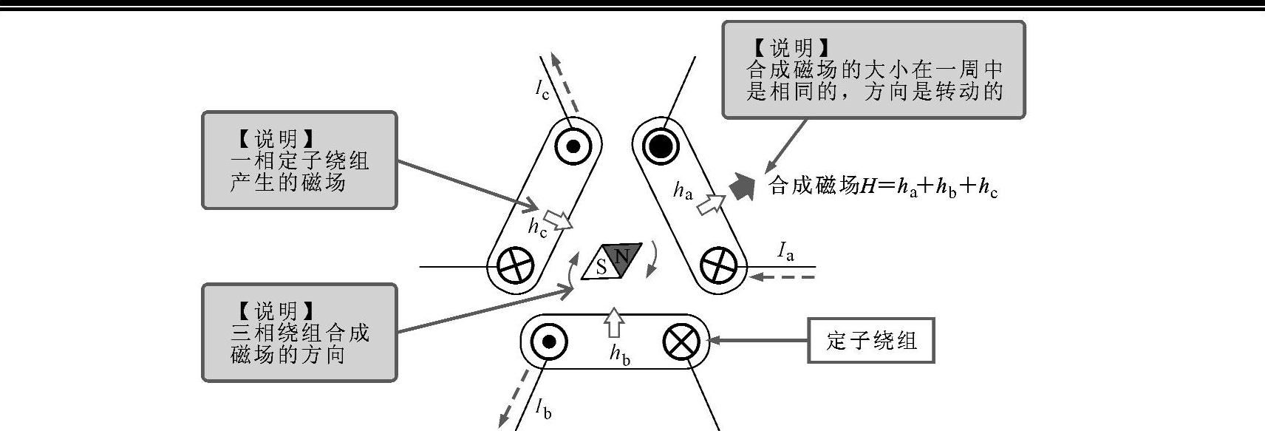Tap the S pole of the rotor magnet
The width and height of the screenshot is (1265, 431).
pos(600,267)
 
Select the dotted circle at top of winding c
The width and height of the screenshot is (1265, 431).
pos(573,146)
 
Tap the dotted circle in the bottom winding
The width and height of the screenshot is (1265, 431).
pos(548,342)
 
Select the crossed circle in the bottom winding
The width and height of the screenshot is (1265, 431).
pos(681,342)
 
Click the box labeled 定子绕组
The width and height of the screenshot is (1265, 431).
pos(871,341)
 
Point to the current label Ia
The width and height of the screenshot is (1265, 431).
pos(786,252)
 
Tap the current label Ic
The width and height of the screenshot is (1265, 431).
pos(542,89)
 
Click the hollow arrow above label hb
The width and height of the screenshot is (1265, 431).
pos(614,322)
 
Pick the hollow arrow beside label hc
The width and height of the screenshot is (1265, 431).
pos(558,220)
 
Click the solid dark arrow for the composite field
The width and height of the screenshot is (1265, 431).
pos(742,188)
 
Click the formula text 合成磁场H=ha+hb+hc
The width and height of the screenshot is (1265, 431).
pos(883,187)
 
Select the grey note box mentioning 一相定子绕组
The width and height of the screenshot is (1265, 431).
pos(299,160)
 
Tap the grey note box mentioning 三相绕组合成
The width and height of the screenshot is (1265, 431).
pos(299,333)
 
